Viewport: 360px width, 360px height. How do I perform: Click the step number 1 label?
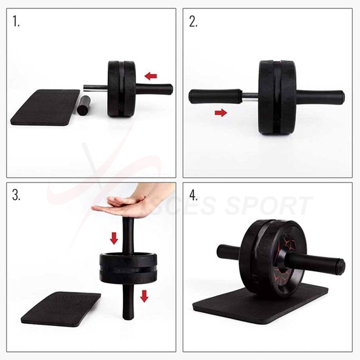16,22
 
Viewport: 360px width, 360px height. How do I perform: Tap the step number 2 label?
193,22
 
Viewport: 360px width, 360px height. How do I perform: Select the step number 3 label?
16,195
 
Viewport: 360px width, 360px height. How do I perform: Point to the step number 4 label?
194,195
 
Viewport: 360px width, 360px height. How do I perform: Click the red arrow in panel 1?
151,76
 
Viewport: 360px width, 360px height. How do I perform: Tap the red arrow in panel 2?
221,113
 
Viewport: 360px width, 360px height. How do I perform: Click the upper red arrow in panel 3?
114,238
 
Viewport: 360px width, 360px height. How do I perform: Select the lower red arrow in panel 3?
144,296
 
